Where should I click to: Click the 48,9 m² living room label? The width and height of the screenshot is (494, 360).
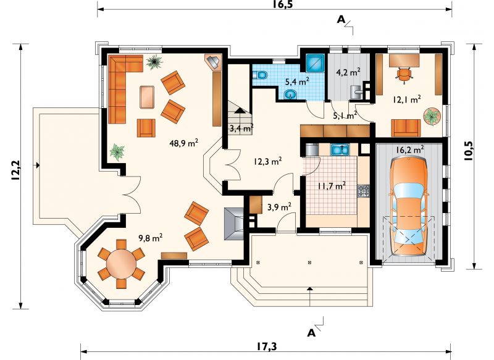click(x=183, y=144)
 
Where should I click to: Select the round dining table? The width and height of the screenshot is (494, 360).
click(x=121, y=263)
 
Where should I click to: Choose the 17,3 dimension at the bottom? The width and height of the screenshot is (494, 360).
click(x=266, y=346)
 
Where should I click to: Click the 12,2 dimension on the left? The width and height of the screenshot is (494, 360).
click(x=15, y=170)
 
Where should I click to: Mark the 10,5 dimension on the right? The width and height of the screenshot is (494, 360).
click(x=469, y=151)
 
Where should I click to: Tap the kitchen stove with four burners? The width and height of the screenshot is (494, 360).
click(x=363, y=191)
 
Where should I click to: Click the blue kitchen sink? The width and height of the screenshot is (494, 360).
click(x=340, y=150)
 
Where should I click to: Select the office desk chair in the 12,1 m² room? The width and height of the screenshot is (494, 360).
click(x=404, y=75)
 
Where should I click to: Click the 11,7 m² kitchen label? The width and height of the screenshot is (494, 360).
click(x=332, y=186)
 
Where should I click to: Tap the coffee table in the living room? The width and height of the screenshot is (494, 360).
click(x=147, y=97)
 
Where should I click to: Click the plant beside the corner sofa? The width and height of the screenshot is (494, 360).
click(x=154, y=62)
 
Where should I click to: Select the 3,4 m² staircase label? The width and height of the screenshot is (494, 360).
click(x=241, y=128)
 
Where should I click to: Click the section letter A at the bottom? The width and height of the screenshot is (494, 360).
click(x=311, y=333)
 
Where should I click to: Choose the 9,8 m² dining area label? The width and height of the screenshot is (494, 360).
click(x=151, y=238)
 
